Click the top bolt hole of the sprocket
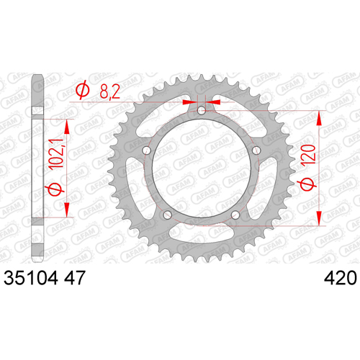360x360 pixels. point(202,111)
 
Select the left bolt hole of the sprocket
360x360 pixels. point(146,150)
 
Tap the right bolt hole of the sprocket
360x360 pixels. point(256,150)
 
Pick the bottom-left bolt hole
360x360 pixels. point(167,215)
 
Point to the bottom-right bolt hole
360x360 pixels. point(235,215)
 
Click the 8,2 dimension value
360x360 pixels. point(110,91)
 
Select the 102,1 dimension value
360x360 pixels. point(56,153)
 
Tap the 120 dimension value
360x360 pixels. point(309,154)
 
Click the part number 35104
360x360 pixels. point(31,278)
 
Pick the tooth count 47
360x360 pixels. point(75,278)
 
